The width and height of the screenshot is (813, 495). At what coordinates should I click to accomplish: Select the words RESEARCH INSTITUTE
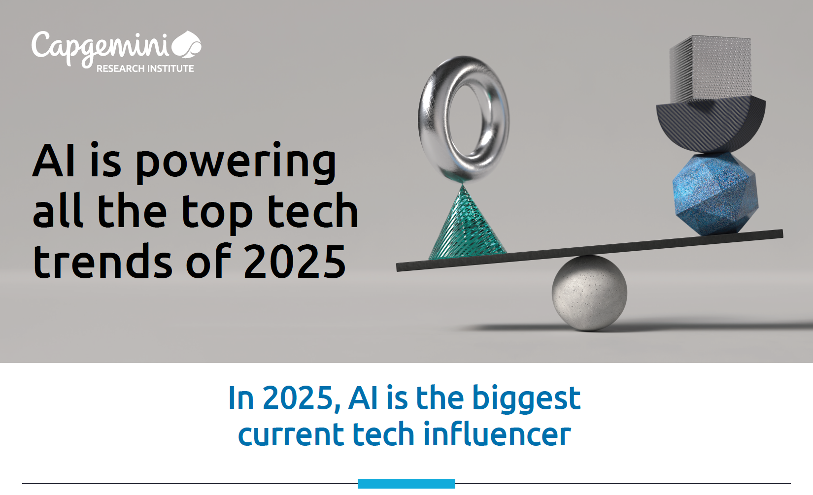[145, 69]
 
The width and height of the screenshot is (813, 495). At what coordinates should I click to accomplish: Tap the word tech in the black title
[312, 212]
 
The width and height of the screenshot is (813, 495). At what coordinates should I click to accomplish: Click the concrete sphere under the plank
[589, 293]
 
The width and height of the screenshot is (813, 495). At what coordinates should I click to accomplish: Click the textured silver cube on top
[711, 69]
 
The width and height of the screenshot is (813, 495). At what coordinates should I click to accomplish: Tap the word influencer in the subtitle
[497, 434]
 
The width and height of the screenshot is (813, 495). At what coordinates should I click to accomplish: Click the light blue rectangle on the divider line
[406, 484]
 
